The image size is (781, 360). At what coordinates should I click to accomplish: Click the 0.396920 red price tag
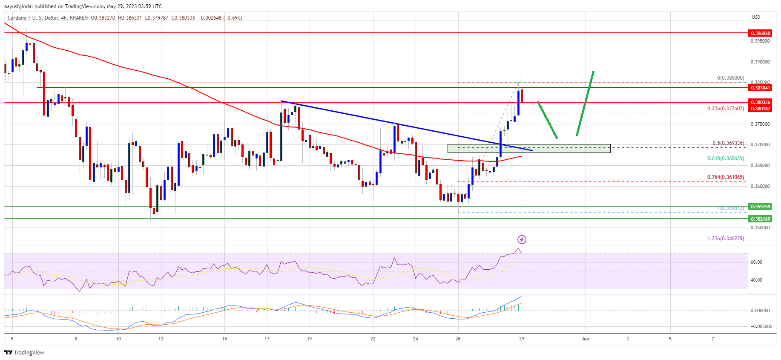click(x=760, y=33)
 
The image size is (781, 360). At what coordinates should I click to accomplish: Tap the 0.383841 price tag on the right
click(x=760, y=87)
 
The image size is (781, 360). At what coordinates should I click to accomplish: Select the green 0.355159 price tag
click(x=760, y=207)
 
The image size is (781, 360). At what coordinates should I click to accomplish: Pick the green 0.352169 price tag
click(x=760, y=219)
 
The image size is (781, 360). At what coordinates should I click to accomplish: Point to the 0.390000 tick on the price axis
click(x=760, y=62)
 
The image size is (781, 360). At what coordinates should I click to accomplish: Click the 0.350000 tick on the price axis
click(x=760, y=228)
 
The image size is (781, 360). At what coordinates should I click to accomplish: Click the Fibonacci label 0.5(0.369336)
click(x=728, y=144)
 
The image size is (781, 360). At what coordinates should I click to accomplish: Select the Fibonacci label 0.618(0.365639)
click(x=726, y=158)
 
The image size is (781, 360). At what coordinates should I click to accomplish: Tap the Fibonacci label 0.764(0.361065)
click(x=726, y=177)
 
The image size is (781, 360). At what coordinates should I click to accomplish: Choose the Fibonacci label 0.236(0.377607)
click(x=726, y=109)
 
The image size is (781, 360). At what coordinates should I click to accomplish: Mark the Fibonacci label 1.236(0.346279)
click(x=726, y=239)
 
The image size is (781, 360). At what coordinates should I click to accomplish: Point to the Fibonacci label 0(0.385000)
click(x=730, y=78)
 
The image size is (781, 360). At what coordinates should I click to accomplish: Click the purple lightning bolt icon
click(x=522, y=239)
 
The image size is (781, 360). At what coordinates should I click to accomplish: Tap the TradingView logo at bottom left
click(x=24, y=352)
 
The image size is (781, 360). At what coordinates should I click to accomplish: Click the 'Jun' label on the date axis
click(x=586, y=339)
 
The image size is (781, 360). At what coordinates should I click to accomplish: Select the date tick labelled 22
click(x=373, y=339)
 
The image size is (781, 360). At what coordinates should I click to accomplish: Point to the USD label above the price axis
click(x=756, y=17)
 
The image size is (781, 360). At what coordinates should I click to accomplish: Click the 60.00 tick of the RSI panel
click(x=756, y=262)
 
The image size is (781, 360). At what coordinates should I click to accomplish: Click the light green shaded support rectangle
click(x=528, y=148)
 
